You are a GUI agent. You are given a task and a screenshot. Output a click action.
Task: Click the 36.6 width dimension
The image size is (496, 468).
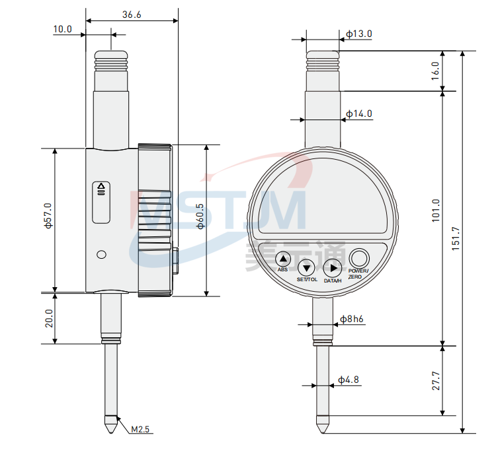click(132, 15)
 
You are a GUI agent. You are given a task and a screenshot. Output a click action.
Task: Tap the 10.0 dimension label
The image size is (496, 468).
click(63, 29)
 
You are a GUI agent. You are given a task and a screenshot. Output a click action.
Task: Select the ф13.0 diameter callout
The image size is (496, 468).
click(359, 34)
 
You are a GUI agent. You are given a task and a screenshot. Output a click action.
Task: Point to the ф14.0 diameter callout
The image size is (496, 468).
click(359, 114)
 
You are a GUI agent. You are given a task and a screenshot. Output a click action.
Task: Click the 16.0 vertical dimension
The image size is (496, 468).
click(436, 71)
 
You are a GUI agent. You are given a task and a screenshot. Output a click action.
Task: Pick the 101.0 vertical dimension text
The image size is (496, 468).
click(436, 211)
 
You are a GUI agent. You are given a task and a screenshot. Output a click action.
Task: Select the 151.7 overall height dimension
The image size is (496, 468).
click(456, 239)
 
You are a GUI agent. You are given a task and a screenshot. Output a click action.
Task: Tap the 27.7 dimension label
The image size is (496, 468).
click(436, 381)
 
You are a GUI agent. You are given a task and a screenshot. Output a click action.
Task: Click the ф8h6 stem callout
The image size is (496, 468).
click(351, 319)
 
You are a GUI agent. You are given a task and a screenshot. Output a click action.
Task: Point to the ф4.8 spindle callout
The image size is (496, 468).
click(349, 380)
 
